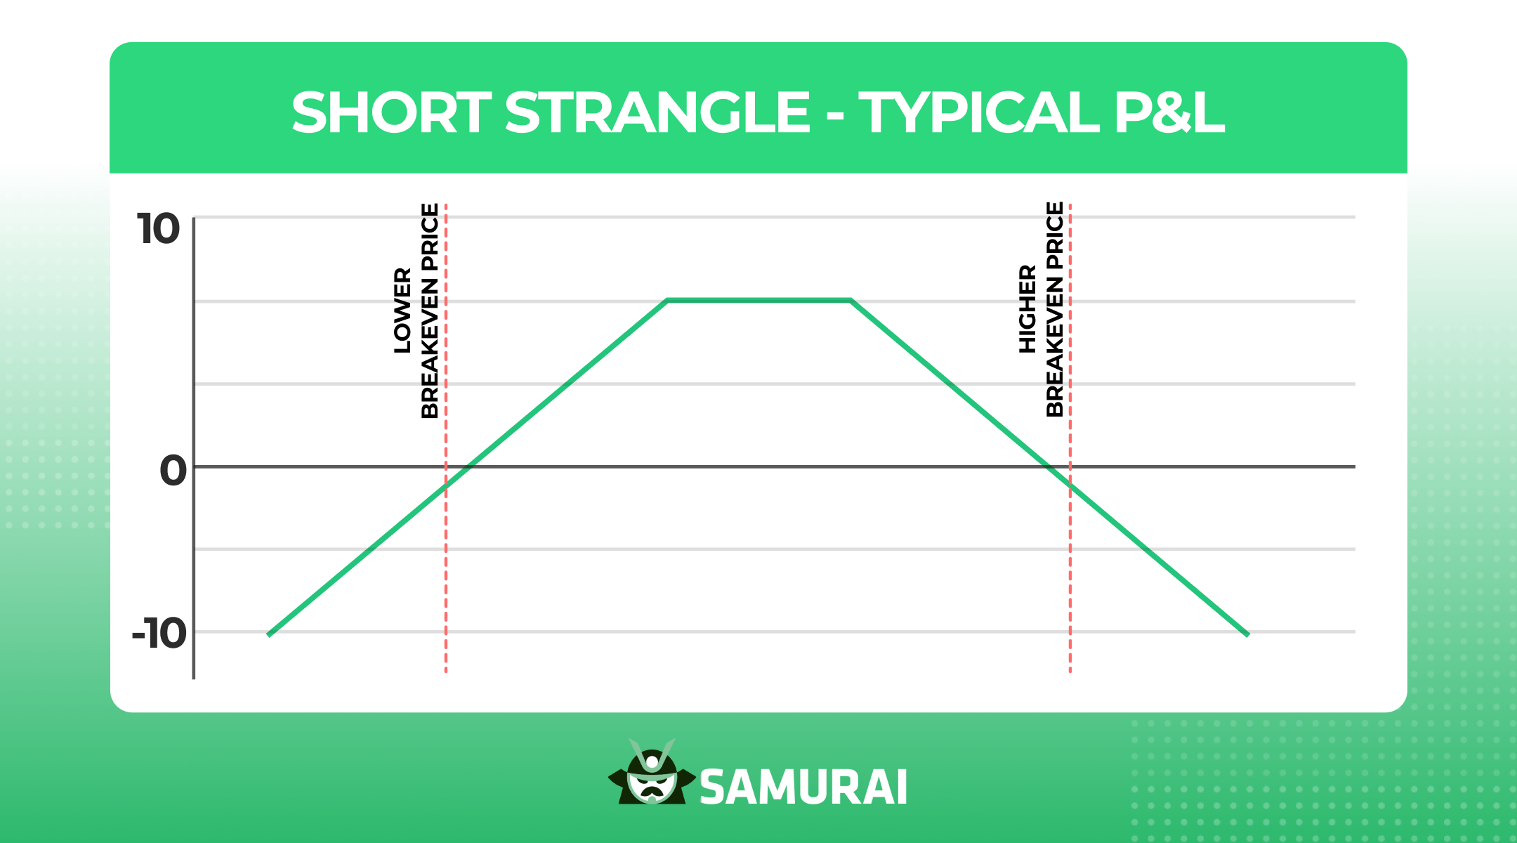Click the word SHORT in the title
tap(390, 112)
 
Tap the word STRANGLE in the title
tap(657, 112)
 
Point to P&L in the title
tap(1169, 112)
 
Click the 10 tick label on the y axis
tap(159, 229)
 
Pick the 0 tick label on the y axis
tap(173, 470)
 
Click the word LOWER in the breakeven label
tap(402, 310)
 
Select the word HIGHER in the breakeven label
tap(1027, 308)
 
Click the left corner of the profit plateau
tap(667, 300)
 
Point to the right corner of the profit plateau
tap(851, 300)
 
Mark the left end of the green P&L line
tap(269, 634)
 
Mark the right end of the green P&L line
tap(1247, 634)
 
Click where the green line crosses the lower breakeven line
tap(446, 486)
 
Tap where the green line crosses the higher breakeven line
tap(1070, 485)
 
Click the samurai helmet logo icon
tap(652, 773)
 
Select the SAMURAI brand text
tap(803, 788)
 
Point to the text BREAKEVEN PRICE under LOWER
tap(430, 311)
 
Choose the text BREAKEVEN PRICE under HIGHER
tap(1055, 309)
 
